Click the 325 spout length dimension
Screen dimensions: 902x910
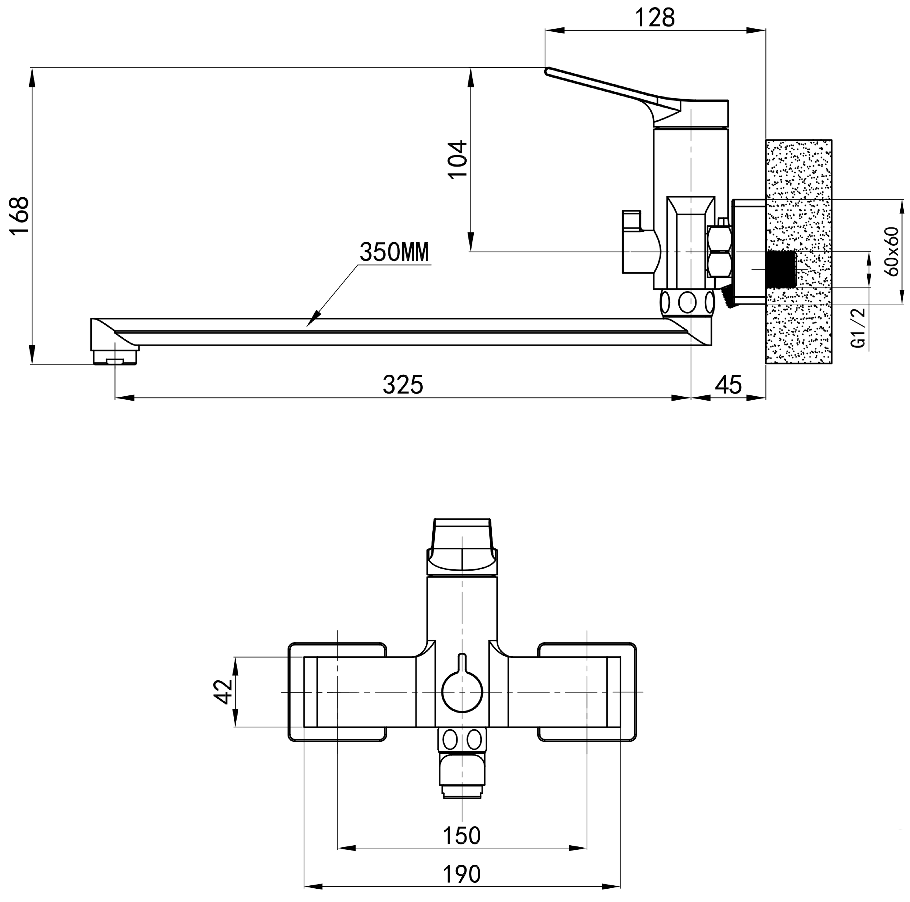point(403,385)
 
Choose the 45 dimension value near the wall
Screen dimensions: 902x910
point(729,385)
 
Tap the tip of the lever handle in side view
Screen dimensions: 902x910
point(548,72)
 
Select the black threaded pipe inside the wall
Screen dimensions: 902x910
point(781,269)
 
